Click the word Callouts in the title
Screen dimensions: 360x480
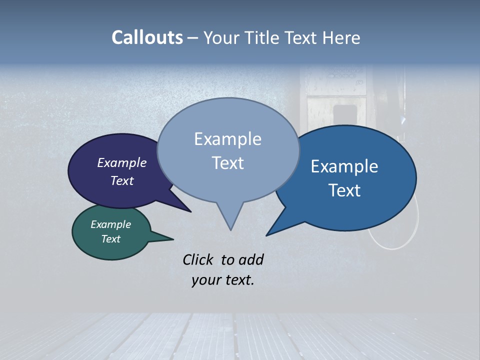(x=147, y=37)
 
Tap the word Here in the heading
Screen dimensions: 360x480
(x=342, y=38)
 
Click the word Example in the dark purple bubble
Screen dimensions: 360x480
(x=122, y=162)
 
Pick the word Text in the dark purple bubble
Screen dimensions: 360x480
(x=122, y=180)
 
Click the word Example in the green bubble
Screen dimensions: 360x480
(x=110, y=224)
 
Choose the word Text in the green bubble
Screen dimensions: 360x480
(x=111, y=238)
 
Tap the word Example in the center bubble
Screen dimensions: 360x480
(x=227, y=139)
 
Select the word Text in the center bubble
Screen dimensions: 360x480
(x=228, y=163)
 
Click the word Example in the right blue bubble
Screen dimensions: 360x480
(x=344, y=166)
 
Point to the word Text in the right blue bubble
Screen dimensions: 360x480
(x=345, y=190)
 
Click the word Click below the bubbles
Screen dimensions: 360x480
(x=199, y=259)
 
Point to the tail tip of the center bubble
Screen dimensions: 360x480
(x=230, y=229)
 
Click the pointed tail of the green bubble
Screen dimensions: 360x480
(x=172, y=239)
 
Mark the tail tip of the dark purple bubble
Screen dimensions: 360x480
(x=190, y=211)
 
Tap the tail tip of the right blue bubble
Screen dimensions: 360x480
(x=266, y=235)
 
